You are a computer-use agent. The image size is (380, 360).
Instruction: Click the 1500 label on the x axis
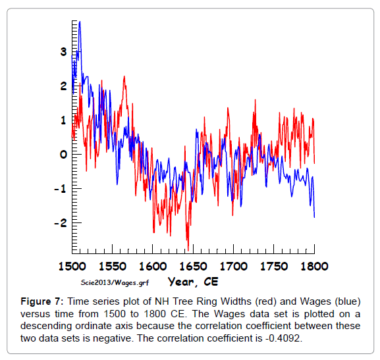pyautogui.click(x=72, y=267)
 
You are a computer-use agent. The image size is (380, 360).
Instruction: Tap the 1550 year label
pyautogui.click(x=113, y=267)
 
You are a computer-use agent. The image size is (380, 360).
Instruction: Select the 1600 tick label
pyautogui.click(x=153, y=267)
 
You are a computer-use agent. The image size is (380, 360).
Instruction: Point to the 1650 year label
pyautogui.click(x=193, y=267)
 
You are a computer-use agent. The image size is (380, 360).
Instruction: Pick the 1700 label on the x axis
pyautogui.click(x=233, y=267)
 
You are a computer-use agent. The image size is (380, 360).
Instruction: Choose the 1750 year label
pyautogui.click(x=274, y=267)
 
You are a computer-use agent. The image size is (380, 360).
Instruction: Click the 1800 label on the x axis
pyautogui.click(x=314, y=267)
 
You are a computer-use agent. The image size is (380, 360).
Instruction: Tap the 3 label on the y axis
pyautogui.click(x=63, y=51)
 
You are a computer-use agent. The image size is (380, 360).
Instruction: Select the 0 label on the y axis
pyautogui.click(x=63, y=154)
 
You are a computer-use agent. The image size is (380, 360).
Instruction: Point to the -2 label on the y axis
pyautogui.click(x=61, y=223)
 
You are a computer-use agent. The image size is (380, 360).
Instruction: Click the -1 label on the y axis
pyautogui.click(x=61, y=189)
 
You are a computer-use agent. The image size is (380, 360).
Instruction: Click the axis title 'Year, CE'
pyautogui.click(x=193, y=282)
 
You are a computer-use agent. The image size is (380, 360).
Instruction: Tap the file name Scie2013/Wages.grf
pyautogui.click(x=115, y=282)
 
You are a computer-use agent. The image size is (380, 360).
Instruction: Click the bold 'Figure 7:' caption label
pyautogui.click(x=42, y=301)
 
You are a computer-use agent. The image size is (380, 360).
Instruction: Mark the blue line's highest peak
pyautogui.click(x=80, y=22)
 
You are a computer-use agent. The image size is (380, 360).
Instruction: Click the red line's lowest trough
pyautogui.click(x=188, y=251)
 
